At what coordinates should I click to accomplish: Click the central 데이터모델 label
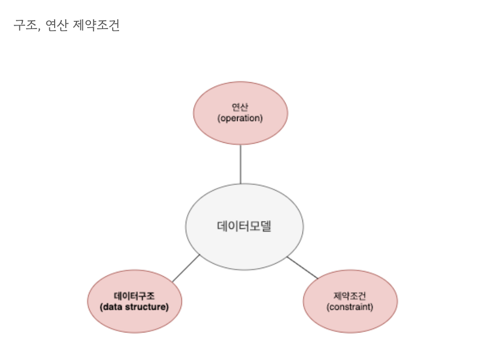(x=244, y=226)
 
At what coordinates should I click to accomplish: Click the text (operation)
(x=241, y=118)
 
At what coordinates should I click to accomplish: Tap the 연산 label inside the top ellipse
(x=241, y=107)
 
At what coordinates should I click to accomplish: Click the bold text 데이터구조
(x=135, y=295)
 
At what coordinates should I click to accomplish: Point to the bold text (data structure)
(x=135, y=307)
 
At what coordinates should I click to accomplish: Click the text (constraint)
(x=350, y=307)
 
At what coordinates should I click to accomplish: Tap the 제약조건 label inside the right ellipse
(x=350, y=295)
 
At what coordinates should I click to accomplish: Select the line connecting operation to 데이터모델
(x=241, y=164)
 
